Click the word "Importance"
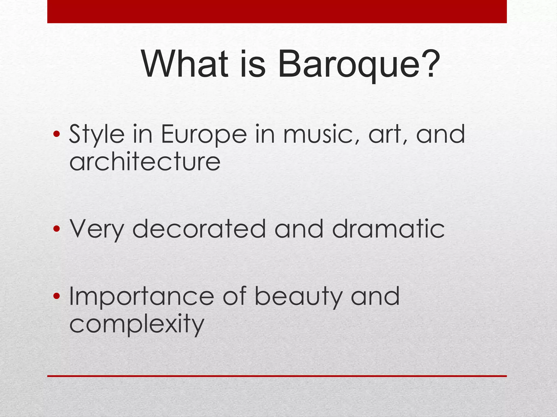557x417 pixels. (x=142, y=297)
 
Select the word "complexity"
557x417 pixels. (x=137, y=325)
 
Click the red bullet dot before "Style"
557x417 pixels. (x=57, y=134)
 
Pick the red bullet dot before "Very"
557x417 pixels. (x=57, y=229)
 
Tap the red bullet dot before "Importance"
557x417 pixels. (x=57, y=296)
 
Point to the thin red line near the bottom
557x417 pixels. (x=277, y=376)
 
